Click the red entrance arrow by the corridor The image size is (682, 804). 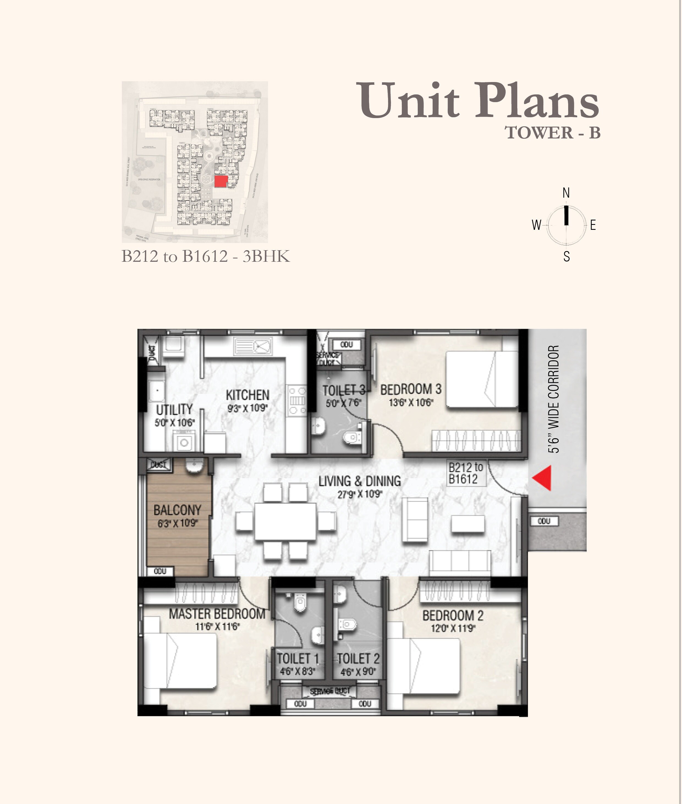coord(542,479)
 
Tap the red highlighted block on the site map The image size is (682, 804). coord(221,181)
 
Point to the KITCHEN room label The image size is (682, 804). coord(248,395)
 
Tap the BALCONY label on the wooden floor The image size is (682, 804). coord(177,510)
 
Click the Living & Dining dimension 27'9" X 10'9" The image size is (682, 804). coord(360,494)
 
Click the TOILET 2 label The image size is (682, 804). coord(358,658)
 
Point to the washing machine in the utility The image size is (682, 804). coord(184,442)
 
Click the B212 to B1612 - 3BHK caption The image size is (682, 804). coord(205,257)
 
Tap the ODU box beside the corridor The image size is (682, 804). coord(544,521)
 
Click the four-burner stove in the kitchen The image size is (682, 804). coord(297,401)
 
